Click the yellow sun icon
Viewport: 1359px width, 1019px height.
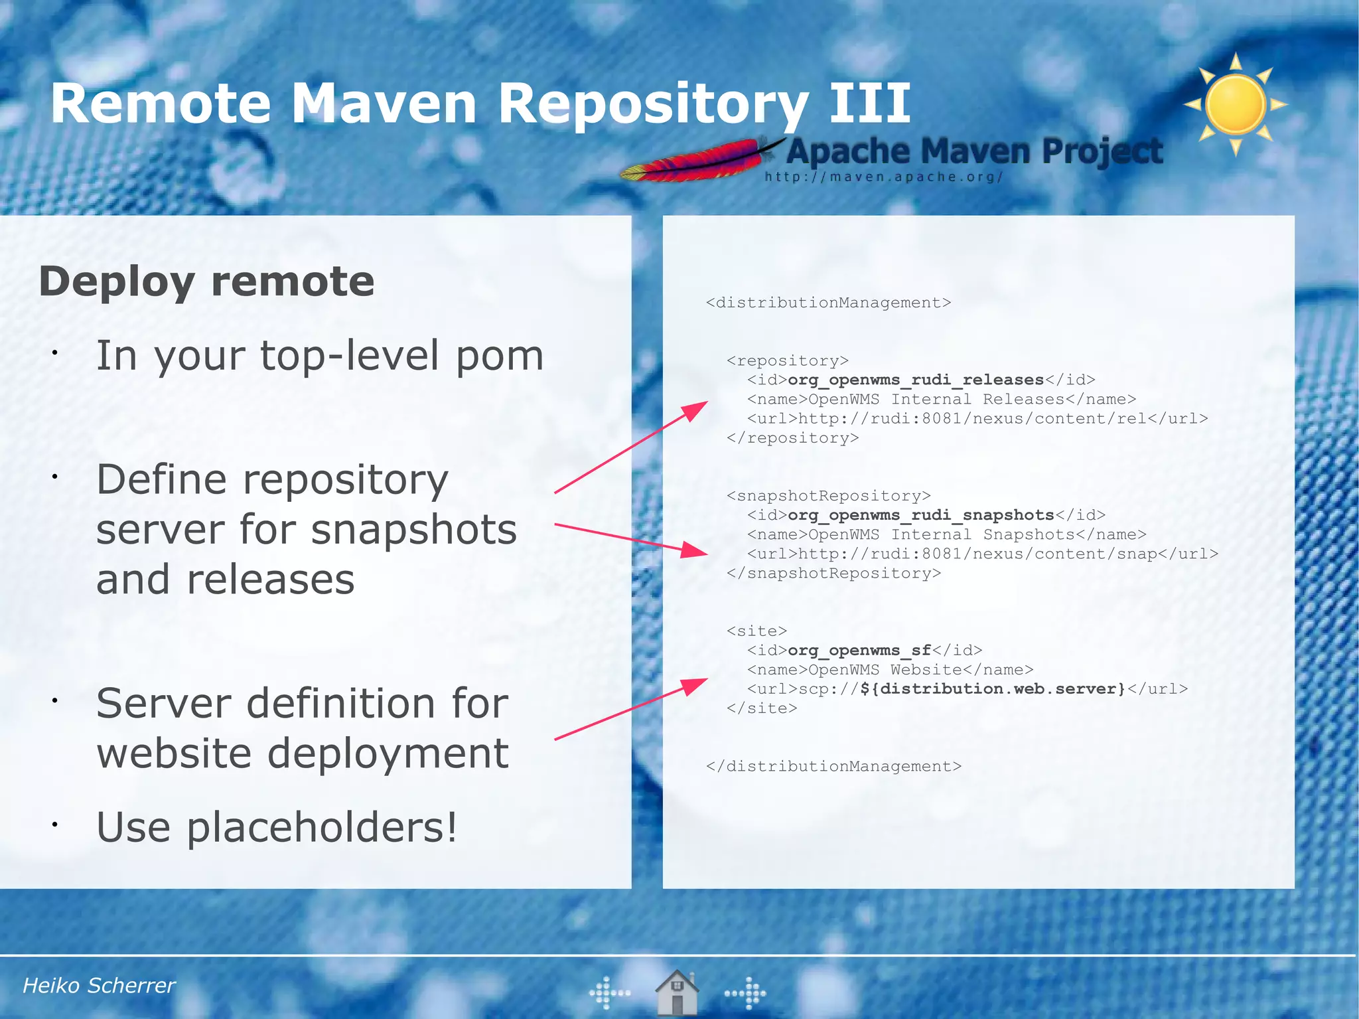click(x=1236, y=105)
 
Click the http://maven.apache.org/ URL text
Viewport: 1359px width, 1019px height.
click(x=883, y=177)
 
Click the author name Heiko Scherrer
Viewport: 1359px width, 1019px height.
click(x=99, y=985)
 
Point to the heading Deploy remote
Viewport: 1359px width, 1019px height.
click(x=206, y=281)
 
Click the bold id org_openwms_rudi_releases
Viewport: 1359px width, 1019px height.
click(x=916, y=380)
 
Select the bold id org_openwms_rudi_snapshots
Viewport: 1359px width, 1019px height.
click(x=921, y=515)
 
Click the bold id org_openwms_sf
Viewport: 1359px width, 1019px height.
click(x=859, y=650)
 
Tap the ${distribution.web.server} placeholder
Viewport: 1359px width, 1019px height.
click(x=993, y=688)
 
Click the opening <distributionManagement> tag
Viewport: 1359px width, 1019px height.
click(x=828, y=303)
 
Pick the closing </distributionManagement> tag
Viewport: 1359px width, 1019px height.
click(x=833, y=766)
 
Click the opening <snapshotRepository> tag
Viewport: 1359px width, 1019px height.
click(x=828, y=496)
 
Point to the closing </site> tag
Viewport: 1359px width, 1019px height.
click(x=762, y=708)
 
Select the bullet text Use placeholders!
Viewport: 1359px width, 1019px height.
click(x=277, y=827)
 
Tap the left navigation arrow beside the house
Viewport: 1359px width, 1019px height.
click(x=609, y=993)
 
